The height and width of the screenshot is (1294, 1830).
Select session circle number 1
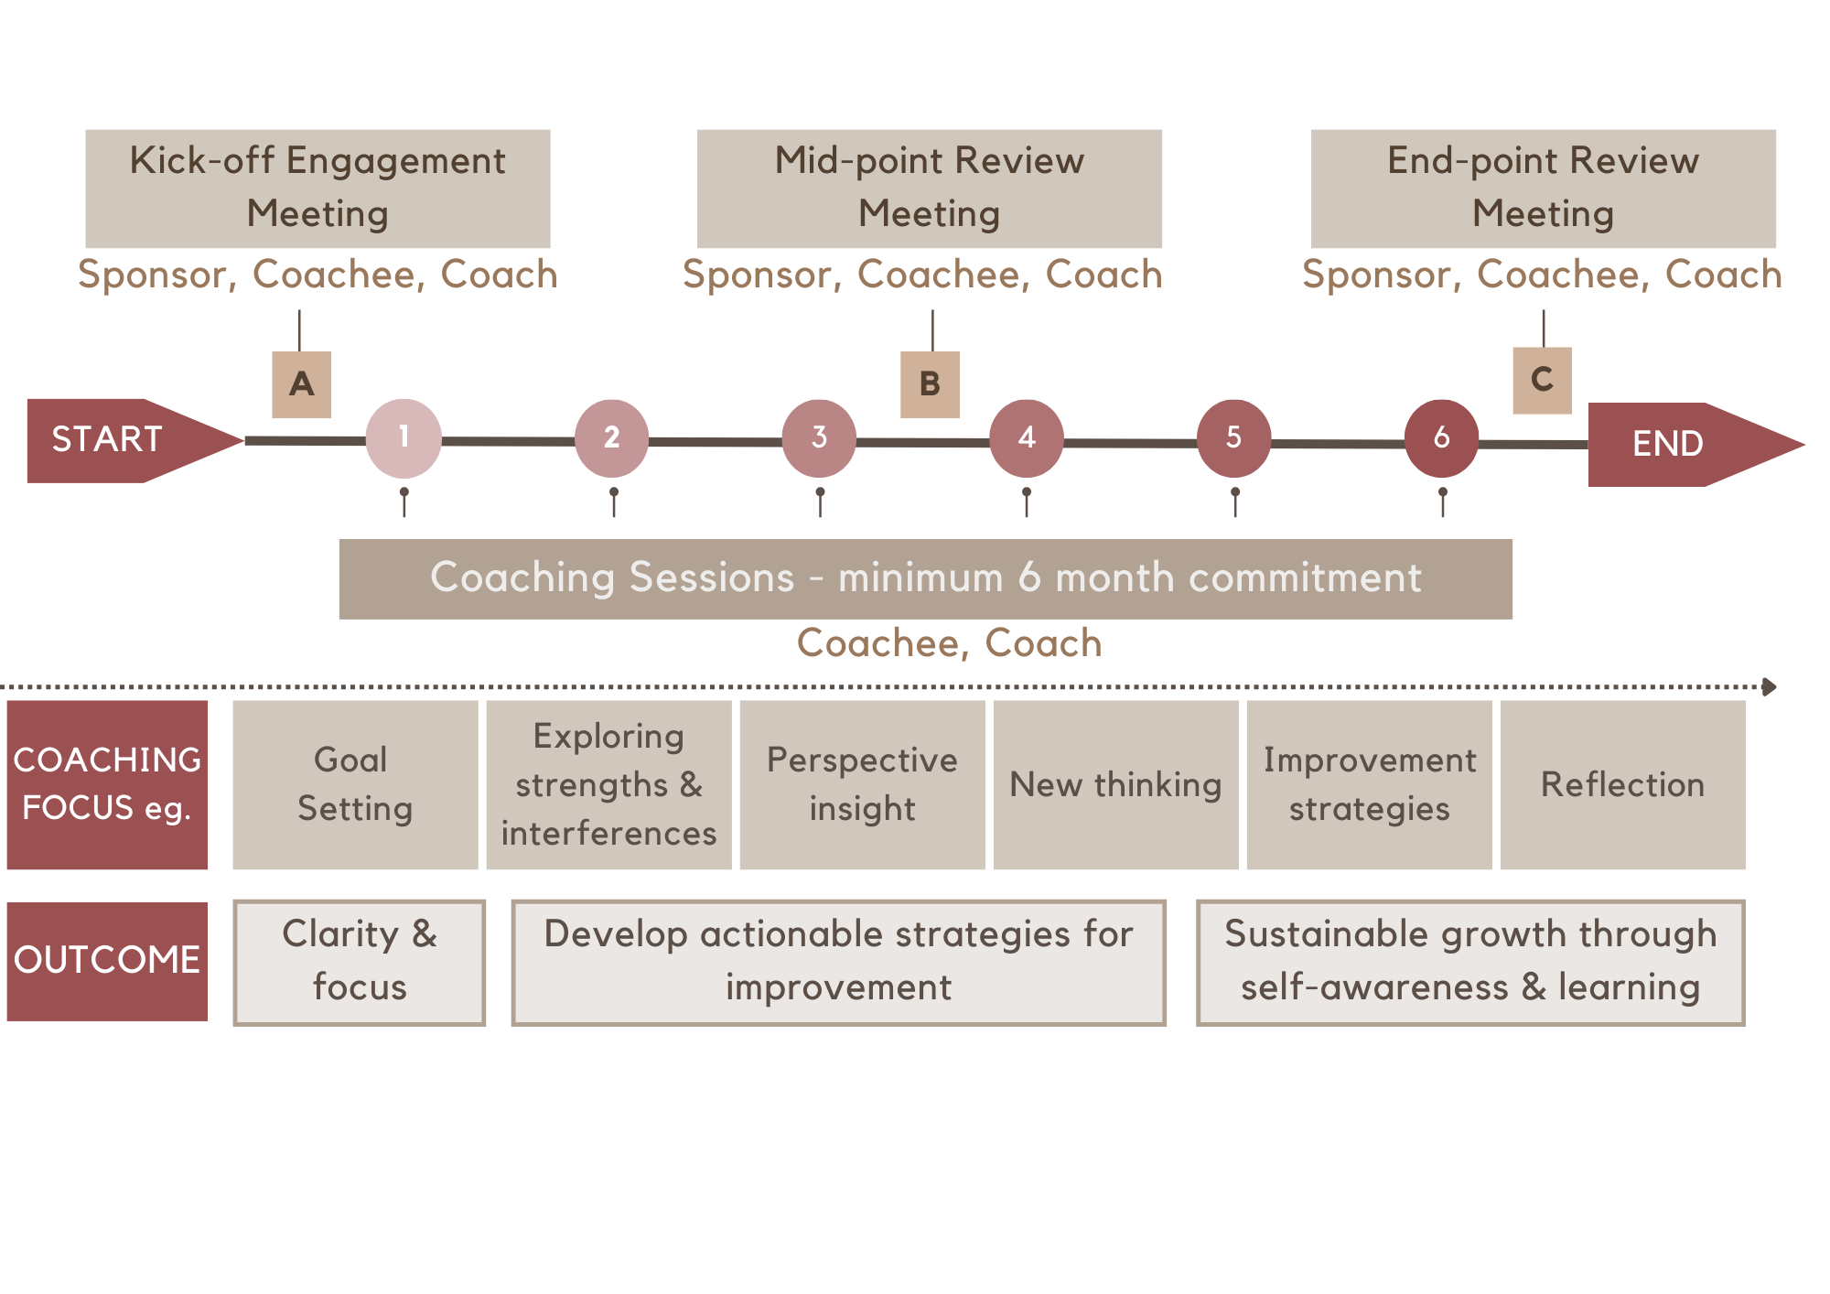404,438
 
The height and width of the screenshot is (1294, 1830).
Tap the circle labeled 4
1027,438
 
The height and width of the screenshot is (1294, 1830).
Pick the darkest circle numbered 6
1441,438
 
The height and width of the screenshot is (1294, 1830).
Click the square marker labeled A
301,384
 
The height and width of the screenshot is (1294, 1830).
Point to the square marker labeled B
930,384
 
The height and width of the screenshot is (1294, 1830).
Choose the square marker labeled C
1542,380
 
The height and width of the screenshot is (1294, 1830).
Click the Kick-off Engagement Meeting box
318,189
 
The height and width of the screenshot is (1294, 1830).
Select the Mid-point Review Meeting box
929,189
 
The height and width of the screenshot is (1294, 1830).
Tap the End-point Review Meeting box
1543,189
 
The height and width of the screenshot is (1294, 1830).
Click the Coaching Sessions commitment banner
925,578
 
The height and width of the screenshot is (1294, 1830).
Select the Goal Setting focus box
355,784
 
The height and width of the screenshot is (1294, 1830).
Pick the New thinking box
1115,784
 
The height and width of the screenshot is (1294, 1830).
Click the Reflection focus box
1622,784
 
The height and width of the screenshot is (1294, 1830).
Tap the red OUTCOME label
107,961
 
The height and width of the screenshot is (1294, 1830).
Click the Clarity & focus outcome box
359,962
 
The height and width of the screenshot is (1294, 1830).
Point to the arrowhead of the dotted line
1770,686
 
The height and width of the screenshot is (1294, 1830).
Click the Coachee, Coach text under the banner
949,643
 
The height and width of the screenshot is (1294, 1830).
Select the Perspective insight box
862,784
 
